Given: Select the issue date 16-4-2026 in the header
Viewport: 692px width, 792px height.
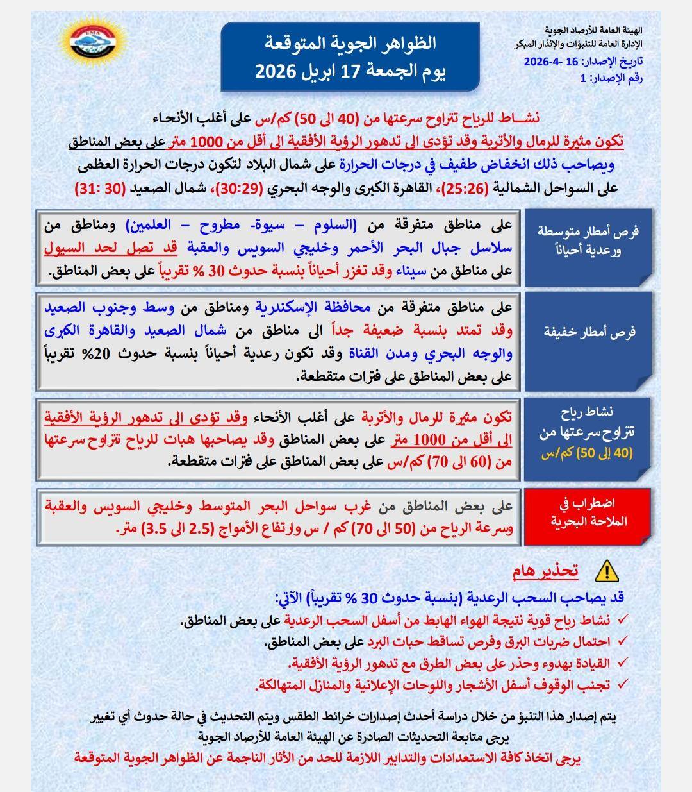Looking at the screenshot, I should [554, 62].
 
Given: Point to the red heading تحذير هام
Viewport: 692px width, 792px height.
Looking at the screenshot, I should [545, 570].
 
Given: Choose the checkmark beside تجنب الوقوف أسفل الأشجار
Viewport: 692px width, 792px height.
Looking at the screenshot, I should [622, 684].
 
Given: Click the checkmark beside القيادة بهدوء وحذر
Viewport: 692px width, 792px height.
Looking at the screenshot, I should [622, 662].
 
